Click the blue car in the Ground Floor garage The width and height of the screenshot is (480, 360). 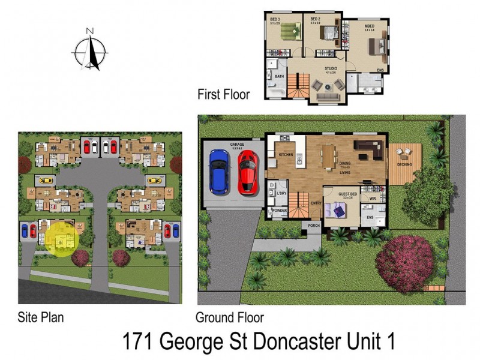pos(218,171)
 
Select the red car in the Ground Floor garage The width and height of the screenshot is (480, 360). pos(248,172)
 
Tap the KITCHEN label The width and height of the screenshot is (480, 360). pos(287,155)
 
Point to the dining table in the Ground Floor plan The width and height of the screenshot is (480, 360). pos(328,157)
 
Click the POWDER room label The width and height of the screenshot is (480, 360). pos(278,211)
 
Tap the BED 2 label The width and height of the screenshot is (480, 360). pos(315,20)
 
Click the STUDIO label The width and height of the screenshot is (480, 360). pos(330,68)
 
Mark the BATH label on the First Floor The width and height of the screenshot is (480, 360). pos(279,77)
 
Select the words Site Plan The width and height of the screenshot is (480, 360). pos(41,317)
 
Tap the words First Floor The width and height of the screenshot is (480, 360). pos(223,94)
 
